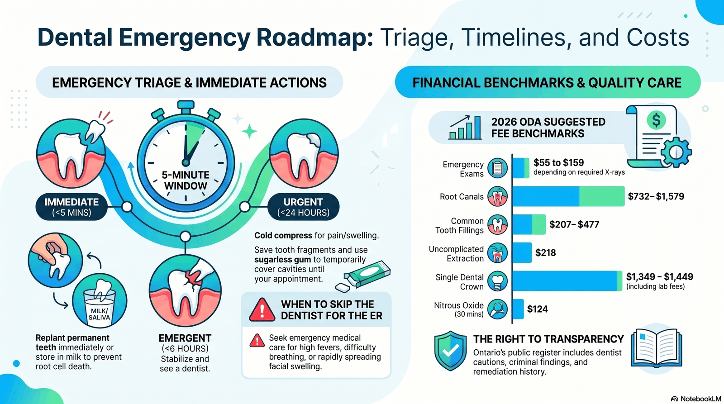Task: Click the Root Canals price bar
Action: click(568, 196)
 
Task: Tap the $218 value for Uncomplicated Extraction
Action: click(545, 253)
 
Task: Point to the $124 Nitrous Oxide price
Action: click(537, 309)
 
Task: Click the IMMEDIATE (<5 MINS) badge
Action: click(71, 207)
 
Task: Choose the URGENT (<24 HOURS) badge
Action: click(303, 207)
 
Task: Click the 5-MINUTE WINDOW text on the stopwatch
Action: click(186, 180)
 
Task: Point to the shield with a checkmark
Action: click(450, 351)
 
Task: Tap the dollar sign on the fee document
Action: click(656, 120)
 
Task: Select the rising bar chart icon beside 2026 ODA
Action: click(465, 127)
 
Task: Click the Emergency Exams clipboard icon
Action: click(497, 168)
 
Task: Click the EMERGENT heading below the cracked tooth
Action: click(185, 338)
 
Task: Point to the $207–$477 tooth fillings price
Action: click(574, 224)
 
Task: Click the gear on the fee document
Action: click(676, 152)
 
